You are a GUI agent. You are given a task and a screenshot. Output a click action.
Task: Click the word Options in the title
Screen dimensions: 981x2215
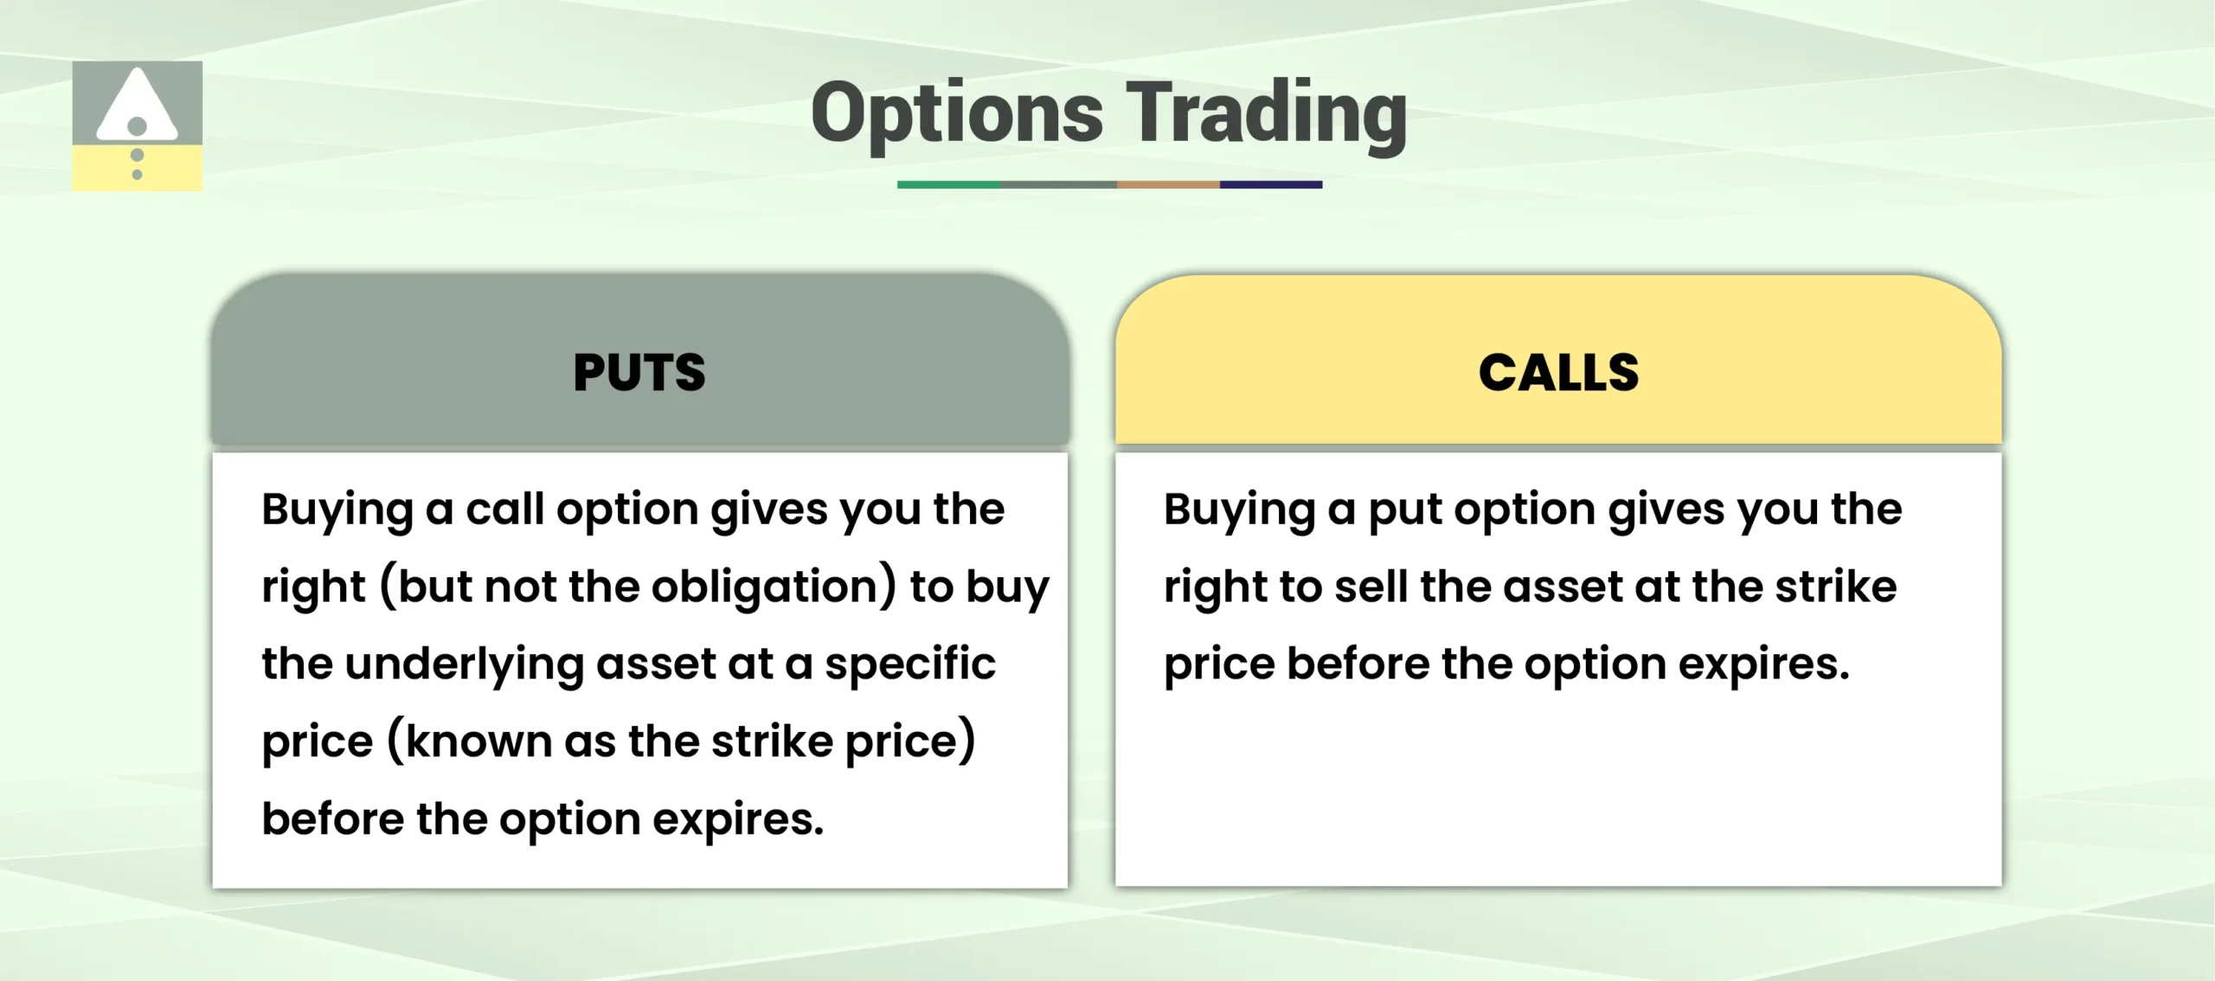[x=957, y=114]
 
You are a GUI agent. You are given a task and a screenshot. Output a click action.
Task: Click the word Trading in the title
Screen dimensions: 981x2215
[x=1267, y=114]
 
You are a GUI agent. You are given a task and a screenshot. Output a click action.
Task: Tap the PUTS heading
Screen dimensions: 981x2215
[x=639, y=373]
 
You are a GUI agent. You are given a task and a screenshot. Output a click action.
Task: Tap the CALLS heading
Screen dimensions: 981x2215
[x=1558, y=373]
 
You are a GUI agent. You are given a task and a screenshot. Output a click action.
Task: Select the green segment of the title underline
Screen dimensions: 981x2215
[x=948, y=184]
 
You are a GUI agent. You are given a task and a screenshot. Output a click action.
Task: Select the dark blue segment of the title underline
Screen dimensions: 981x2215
[x=1270, y=184]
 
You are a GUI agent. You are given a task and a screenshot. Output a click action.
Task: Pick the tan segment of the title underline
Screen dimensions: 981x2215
[x=1168, y=184]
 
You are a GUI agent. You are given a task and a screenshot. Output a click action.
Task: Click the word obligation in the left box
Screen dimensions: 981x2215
[x=773, y=587]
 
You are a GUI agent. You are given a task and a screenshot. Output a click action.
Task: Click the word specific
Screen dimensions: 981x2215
[x=909, y=665]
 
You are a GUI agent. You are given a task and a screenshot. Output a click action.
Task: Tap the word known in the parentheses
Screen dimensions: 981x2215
[x=478, y=741]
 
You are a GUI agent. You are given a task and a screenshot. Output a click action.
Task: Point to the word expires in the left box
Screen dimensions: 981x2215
[x=737, y=819]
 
